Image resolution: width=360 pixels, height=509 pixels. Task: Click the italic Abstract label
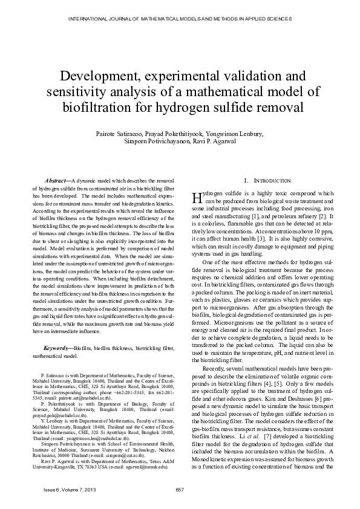[58, 181]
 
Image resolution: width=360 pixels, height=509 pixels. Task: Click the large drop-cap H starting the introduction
[195, 198]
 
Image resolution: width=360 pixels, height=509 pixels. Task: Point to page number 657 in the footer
[180, 489]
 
